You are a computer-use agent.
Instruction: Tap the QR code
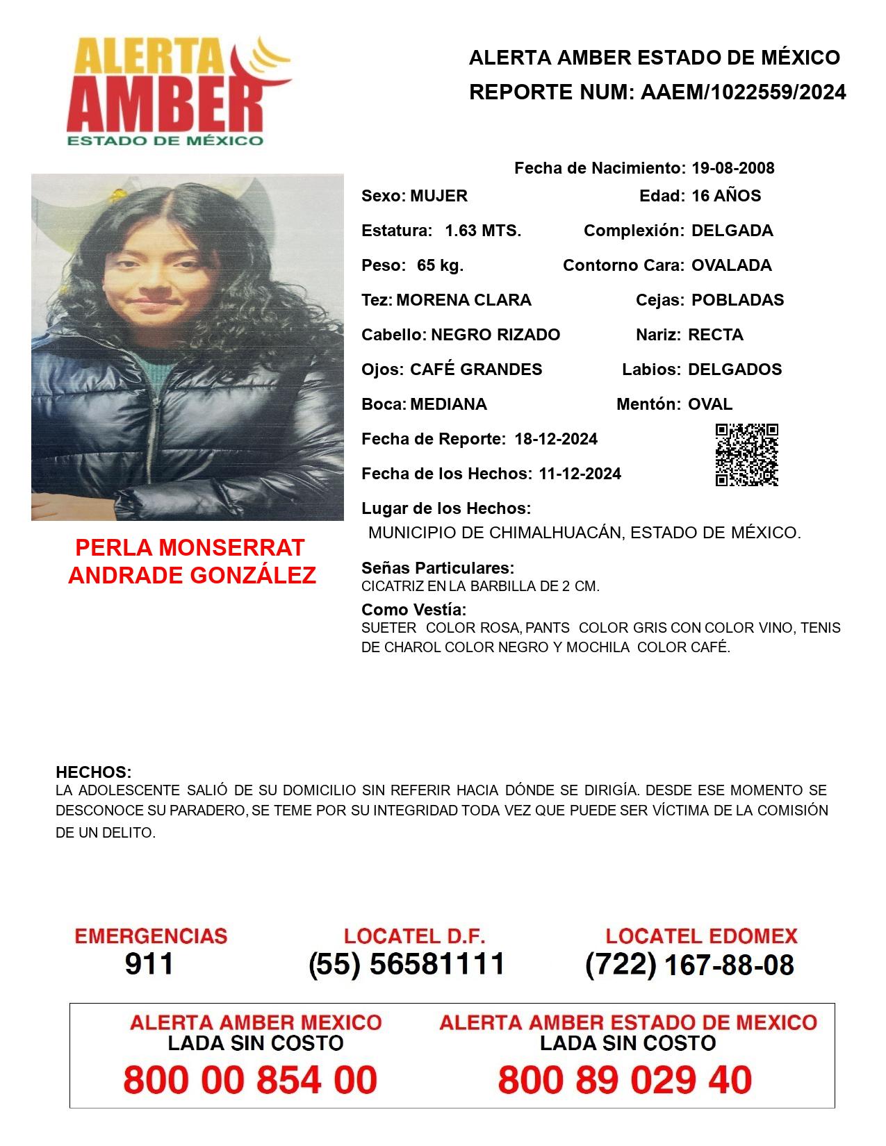746,455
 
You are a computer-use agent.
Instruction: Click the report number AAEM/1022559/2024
743,92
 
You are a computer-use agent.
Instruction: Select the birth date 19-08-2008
732,168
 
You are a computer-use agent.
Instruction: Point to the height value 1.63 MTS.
483,231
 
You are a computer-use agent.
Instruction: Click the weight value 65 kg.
440,265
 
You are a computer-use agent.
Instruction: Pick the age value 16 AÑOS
726,196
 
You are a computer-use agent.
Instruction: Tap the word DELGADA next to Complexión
732,231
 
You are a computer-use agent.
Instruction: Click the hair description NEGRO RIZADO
495,335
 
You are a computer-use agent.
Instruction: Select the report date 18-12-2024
556,439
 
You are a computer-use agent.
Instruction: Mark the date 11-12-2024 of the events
580,474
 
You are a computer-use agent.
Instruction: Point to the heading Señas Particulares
438,568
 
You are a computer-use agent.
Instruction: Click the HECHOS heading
93,772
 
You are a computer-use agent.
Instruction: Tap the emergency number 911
149,964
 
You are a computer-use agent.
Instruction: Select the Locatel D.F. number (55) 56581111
407,964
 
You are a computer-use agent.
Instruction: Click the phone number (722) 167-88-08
689,965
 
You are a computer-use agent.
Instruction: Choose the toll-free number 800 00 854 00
250,1080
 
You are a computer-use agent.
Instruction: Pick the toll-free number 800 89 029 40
625,1080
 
